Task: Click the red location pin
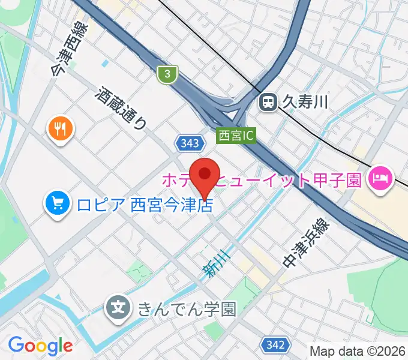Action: [205, 176]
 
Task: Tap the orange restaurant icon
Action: [61, 128]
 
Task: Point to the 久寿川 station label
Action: [306, 103]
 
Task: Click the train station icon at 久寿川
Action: [268, 103]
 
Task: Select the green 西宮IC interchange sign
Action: [236, 136]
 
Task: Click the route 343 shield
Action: [188, 143]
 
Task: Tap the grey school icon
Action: [119, 308]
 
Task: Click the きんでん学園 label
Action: [187, 309]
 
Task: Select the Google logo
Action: [40, 345]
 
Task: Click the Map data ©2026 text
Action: [358, 351]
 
